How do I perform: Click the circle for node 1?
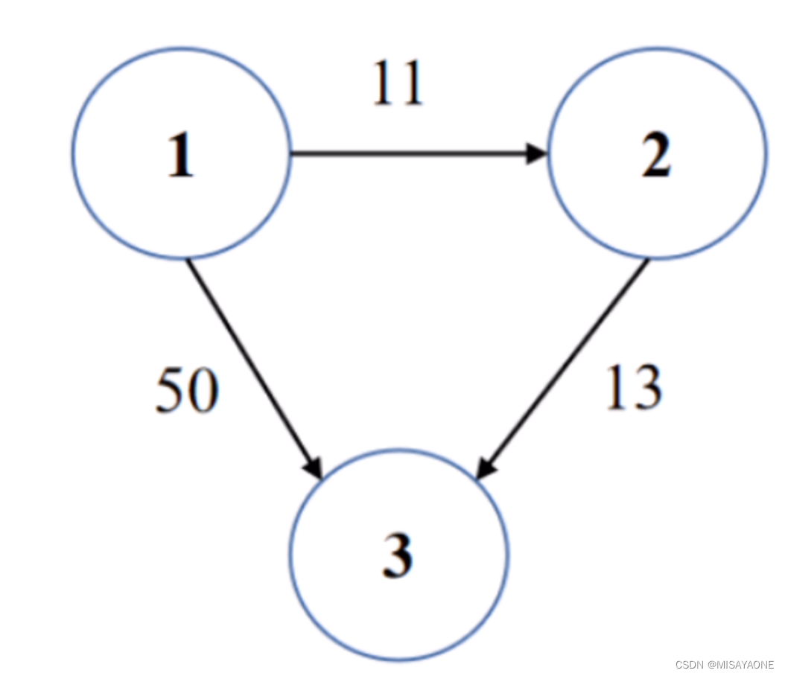[74, 153]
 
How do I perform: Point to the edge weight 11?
[398, 83]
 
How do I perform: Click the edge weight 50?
[187, 390]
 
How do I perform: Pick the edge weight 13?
[635, 387]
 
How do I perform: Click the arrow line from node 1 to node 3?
[254, 369]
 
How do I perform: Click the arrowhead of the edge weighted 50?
[314, 468]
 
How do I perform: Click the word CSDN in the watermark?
[690, 665]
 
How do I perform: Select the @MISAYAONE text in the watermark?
[741, 665]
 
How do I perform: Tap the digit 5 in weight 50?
[171, 390]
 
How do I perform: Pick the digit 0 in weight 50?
[204, 390]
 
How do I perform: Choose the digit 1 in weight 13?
[617, 386]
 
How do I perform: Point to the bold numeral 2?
[656, 154]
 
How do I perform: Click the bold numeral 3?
[398, 555]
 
